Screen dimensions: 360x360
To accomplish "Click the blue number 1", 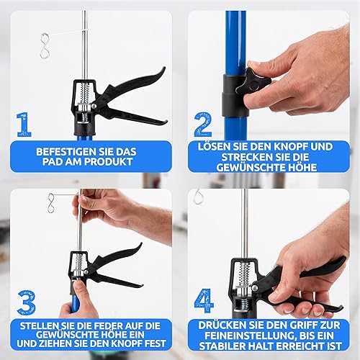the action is (24, 125).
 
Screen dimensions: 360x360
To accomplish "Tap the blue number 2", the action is (203, 125).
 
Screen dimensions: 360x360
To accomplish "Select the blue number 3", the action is (27, 302).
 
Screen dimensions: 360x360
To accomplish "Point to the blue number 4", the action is (204, 301).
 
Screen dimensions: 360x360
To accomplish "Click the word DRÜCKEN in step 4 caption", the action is (219, 325).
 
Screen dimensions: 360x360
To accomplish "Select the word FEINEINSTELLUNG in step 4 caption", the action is (250, 336).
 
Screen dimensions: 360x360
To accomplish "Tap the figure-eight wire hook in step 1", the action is (45, 45).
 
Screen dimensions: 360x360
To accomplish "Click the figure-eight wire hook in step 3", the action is (52, 203).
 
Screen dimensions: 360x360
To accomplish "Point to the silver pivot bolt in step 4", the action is (254, 287).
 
